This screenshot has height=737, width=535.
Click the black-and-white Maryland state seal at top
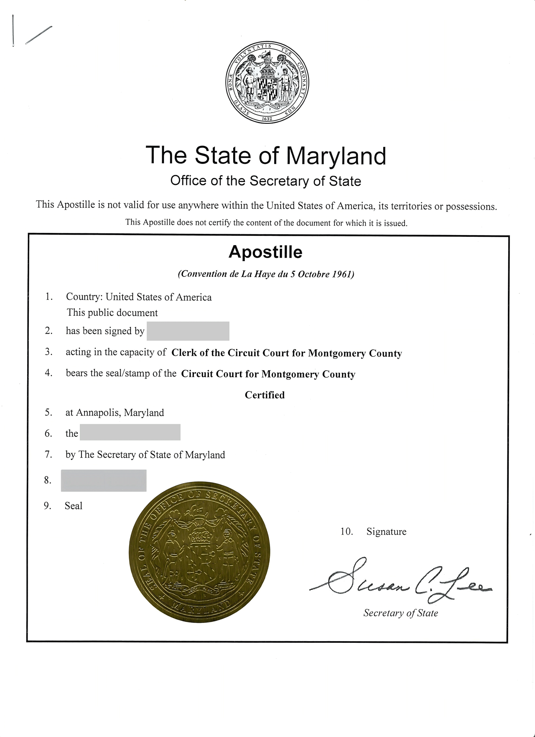(267, 82)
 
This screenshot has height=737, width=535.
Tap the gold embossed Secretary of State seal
(199, 551)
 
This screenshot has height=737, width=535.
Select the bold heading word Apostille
(265, 252)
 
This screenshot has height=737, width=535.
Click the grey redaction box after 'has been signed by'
(188, 331)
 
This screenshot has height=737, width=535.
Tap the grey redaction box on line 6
(130, 432)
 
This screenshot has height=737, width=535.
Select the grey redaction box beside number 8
(104, 480)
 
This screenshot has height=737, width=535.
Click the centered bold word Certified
(265, 395)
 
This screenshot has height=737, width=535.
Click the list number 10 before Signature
(346, 532)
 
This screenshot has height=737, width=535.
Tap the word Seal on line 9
(74, 506)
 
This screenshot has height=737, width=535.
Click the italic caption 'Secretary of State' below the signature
(400, 613)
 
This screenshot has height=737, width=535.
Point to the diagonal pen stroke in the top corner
(38, 35)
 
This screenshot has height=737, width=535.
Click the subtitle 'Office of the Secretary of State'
(265, 181)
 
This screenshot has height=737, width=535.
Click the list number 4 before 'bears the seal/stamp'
(48, 373)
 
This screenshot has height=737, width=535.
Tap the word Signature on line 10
(386, 532)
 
